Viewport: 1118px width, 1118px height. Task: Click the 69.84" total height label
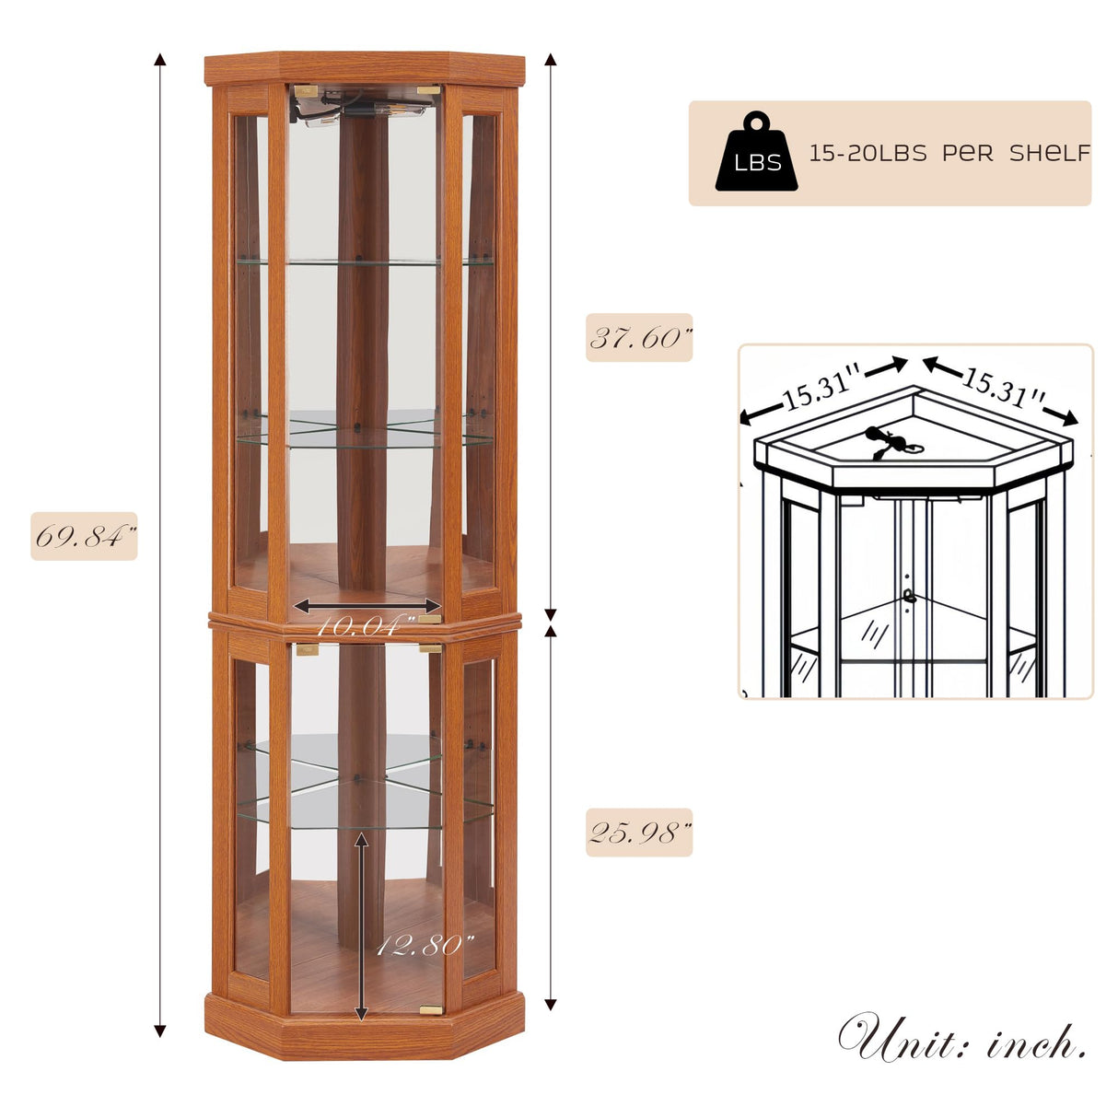pyautogui.click(x=84, y=536)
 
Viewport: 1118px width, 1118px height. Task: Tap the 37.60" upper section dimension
pyautogui.click(x=639, y=337)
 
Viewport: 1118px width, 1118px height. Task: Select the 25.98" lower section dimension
pyautogui.click(x=639, y=833)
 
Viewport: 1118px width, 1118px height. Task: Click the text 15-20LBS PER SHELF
pyautogui.click(x=949, y=153)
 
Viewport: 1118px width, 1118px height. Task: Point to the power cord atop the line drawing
pyautogui.click(x=888, y=441)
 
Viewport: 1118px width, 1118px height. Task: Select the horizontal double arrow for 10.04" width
pyautogui.click(x=368, y=605)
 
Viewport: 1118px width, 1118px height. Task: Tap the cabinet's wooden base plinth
pyautogui.click(x=364, y=1036)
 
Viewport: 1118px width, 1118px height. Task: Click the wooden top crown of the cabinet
pyautogui.click(x=364, y=67)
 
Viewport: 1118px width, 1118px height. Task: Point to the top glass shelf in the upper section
pyautogui.click(x=364, y=262)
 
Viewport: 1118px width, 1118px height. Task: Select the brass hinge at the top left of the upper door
pyautogui.click(x=306, y=91)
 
